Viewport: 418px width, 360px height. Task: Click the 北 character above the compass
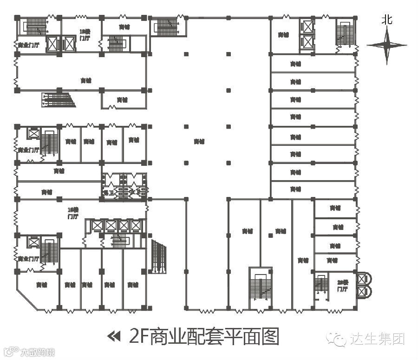(x=387, y=20)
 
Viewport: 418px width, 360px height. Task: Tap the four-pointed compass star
(x=386, y=45)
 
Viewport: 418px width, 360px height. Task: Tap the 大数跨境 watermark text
(x=37, y=352)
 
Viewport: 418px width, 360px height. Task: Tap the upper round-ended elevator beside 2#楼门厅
(x=363, y=279)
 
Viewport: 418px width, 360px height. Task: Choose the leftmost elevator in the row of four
(x=97, y=226)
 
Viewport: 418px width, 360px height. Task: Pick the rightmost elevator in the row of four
(x=135, y=226)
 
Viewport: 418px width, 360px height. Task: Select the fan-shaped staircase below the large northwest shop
(x=59, y=99)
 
